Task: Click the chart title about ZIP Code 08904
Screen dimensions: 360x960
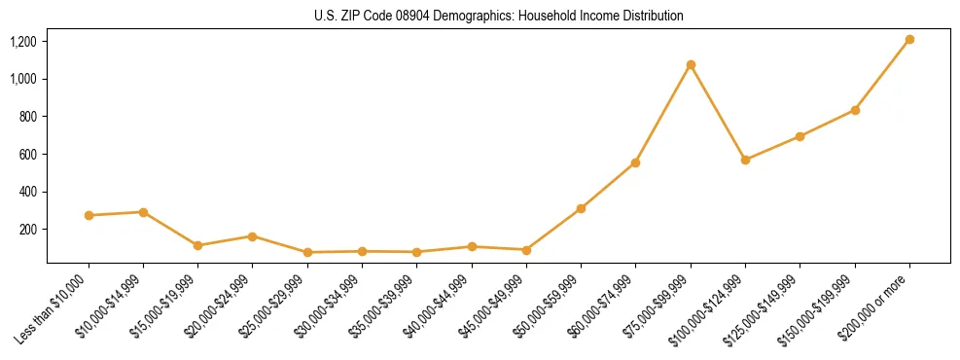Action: click(x=498, y=17)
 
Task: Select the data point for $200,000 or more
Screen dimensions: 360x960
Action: click(x=909, y=40)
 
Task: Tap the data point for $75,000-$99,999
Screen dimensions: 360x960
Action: click(x=691, y=65)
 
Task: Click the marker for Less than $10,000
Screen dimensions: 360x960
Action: click(x=89, y=215)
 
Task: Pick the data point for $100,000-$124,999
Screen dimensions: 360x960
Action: click(x=745, y=160)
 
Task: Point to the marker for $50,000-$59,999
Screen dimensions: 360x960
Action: click(x=581, y=208)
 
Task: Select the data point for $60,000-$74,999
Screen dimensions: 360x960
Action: click(x=635, y=162)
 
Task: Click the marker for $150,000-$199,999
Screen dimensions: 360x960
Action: click(x=855, y=110)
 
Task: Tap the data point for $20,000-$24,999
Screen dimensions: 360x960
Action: click(x=252, y=236)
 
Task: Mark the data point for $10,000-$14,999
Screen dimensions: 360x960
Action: click(x=143, y=212)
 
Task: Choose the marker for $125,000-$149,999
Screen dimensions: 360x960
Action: click(x=800, y=136)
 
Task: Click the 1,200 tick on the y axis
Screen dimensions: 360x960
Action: click(x=22, y=42)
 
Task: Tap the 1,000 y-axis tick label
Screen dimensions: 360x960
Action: click(x=22, y=79)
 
